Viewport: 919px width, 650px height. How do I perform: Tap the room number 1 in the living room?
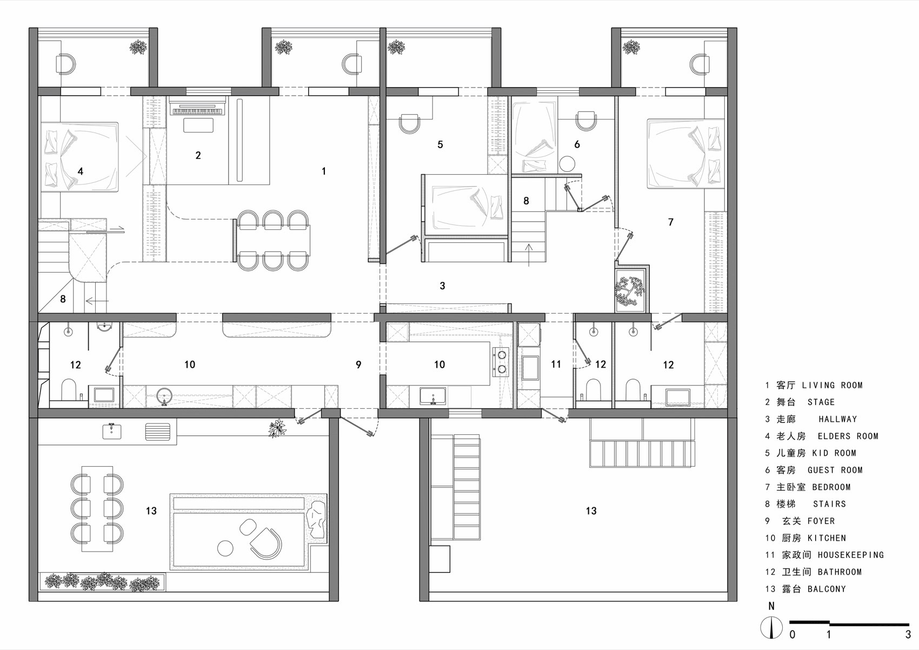(324, 171)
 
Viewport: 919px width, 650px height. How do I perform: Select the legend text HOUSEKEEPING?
(850, 555)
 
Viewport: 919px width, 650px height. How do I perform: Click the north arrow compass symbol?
(771, 627)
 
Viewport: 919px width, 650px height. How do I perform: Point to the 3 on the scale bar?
(908, 635)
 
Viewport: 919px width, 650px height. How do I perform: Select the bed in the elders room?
(80, 157)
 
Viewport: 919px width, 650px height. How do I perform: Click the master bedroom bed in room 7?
(685, 154)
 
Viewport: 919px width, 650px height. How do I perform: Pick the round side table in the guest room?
(568, 163)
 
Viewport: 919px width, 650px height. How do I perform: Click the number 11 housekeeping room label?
(556, 364)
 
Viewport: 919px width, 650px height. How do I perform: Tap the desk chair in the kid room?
(410, 123)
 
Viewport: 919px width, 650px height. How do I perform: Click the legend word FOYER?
(821, 521)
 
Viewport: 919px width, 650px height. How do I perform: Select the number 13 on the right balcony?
(591, 511)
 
